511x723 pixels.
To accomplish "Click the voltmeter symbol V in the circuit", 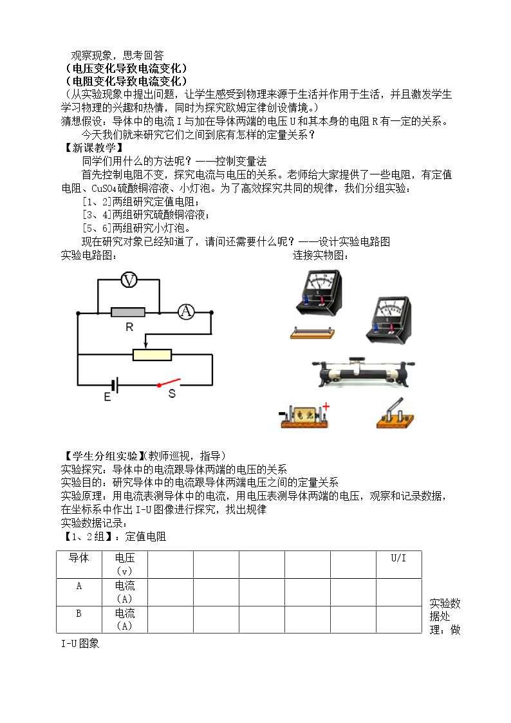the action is tap(129, 280).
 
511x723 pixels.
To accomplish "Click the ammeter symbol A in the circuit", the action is tap(186, 312).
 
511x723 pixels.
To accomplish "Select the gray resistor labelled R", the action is tap(128, 312).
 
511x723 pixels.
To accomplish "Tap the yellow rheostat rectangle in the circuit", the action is tap(152, 355).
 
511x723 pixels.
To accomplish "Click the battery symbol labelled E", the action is tap(116, 385).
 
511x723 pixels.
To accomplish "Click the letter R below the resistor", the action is tap(129, 327).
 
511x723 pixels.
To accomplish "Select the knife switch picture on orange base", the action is tap(395, 413).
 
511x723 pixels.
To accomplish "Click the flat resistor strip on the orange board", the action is tap(312, 332).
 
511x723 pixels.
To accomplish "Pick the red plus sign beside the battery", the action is tap(326, 406).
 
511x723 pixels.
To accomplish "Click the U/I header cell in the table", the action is tap(398, 558).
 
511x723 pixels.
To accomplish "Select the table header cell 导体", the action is tap(79, 558).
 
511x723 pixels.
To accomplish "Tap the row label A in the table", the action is tap(79, 586).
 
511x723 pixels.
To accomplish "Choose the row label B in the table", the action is tap(79, 614).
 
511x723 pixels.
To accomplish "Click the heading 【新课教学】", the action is tap(93, 147).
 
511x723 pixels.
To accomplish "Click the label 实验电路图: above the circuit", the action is tap(88, 255).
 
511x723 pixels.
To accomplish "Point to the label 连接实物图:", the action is tap(321, 255).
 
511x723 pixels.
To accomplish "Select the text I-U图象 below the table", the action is tap(80, 643).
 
